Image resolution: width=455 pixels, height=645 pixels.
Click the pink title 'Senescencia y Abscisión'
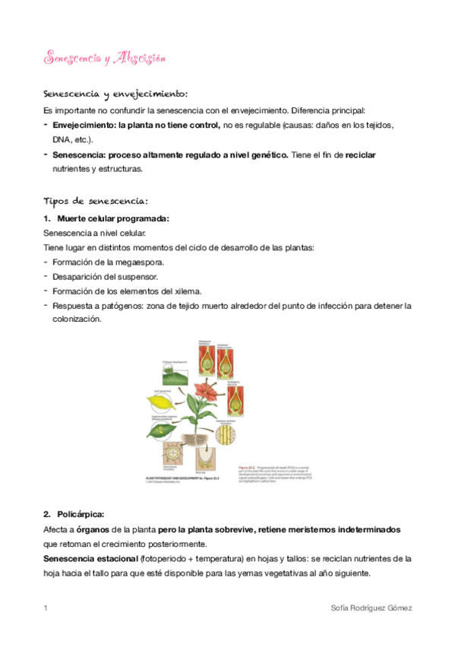click(105, 59)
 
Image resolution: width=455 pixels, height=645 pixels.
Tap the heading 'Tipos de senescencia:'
click(96, 202)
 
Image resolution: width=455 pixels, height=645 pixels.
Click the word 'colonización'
click(75, 320)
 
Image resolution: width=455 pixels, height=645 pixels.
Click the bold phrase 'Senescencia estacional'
click(90, 558)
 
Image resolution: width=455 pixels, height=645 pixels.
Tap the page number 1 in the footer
click(46, 609)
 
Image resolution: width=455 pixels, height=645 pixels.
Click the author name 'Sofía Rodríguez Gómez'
click(371, 609)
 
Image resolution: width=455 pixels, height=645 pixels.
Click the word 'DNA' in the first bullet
click(61, 140)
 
